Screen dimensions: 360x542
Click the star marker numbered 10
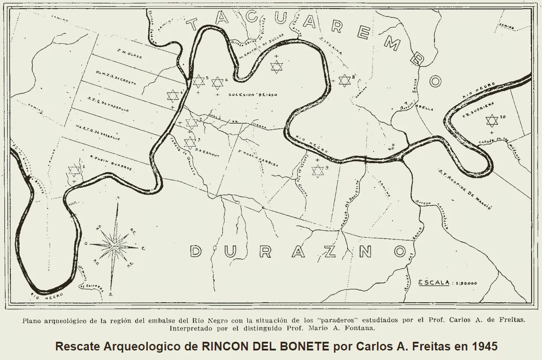(x=491, y=120)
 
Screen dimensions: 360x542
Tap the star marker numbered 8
(x=344, y=80)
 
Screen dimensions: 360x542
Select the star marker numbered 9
(x=318, y=171)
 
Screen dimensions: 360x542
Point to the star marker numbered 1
(x=74, y=170)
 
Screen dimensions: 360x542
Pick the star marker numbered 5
(x=198, y=81)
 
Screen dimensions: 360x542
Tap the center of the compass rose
(x=114, y=246)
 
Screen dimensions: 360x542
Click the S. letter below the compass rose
(x=111, y=294)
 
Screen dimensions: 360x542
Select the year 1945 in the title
(x=486, y=347)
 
